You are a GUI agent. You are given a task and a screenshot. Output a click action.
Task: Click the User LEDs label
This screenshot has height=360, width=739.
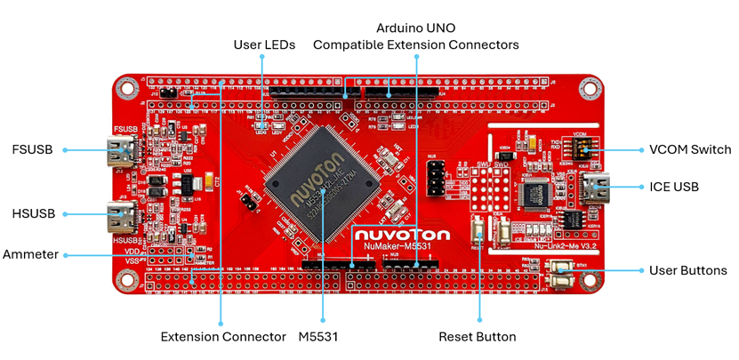[x=264, y=44]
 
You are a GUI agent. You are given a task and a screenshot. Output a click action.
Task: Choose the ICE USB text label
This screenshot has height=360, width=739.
[x=678, y=188]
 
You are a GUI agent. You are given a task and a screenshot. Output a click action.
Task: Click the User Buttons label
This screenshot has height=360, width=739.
[x=687, y=270]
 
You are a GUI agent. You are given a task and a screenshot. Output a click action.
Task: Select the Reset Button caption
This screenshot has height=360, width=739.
[x=480, y=337]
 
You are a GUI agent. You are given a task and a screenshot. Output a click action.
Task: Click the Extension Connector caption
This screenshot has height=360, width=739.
[x=223, y=337]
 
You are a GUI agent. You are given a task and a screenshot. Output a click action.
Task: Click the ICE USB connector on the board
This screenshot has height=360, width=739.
[x=594, y=188]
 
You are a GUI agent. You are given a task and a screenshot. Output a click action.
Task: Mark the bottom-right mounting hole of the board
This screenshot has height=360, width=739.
[x=588, y=284]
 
